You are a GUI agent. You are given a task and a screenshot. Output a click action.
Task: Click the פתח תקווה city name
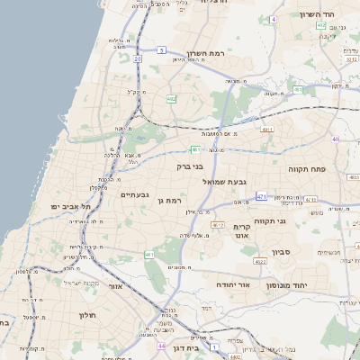tap(306, 168)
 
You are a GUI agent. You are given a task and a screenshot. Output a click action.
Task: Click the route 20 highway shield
tap(138, 58)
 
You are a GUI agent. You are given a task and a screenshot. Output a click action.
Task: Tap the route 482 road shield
tap(171, 99)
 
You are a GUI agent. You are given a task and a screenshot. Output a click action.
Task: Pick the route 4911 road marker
tap(266, 130)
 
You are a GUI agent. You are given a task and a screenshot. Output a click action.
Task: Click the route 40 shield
tap(335, 139)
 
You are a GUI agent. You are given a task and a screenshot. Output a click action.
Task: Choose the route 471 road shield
tap(262, 195)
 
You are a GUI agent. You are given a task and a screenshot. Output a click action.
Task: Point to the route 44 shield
tap(160, 346)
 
